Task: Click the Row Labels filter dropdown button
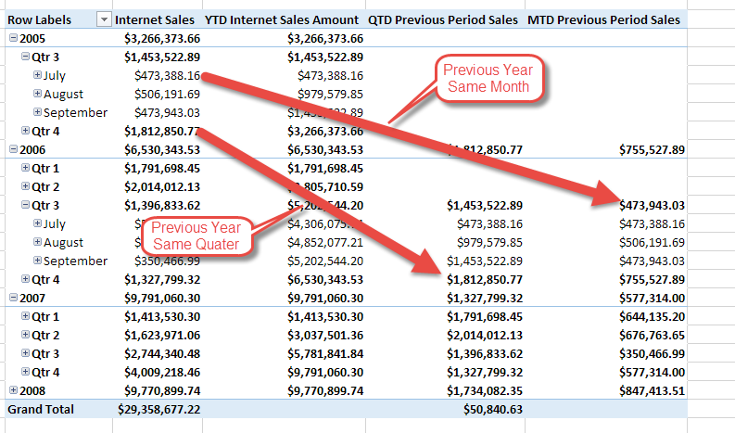point(104,19)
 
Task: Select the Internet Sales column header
point(155,19)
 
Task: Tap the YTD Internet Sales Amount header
point(284,19)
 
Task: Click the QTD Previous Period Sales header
point(443,19)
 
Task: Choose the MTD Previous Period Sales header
point(603,19)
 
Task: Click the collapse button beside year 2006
point(12,149)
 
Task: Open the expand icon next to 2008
point(12,390)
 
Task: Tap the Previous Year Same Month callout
point(486,78)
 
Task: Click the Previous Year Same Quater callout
point(196,236)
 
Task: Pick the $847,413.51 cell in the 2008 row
point(652,390)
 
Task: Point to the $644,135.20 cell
point(652,316)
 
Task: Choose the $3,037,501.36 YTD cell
point(325,335)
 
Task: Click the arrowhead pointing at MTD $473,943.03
point(607,198)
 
